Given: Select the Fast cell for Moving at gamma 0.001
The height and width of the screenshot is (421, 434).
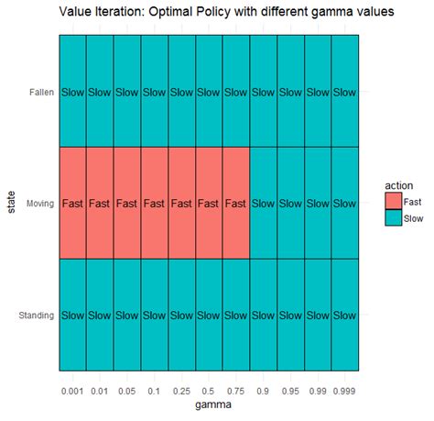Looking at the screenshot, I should click(72, 203).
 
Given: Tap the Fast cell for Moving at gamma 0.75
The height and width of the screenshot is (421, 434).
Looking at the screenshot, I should click(235, 203).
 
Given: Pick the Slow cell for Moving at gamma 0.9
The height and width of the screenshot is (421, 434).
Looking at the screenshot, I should click(263, 203).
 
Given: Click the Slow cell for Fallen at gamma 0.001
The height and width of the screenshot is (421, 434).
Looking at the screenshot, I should click(72, 92).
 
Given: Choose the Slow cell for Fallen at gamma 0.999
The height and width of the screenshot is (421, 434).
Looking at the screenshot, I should click(344, 92).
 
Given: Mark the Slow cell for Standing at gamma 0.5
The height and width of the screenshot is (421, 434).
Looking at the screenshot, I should click(209, 316).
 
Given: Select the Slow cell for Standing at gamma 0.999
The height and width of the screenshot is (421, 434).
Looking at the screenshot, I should click(344, 316).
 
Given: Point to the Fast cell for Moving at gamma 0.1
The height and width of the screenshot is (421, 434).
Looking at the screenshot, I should click(154, 203).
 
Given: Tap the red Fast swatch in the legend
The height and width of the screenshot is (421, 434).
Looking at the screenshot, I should click(394, 201).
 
